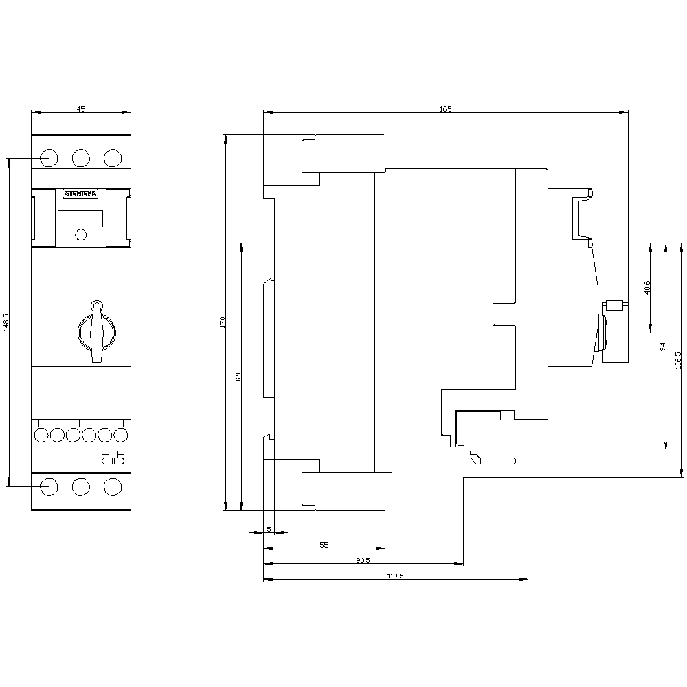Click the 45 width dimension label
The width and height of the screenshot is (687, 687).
click(x=81, y=109)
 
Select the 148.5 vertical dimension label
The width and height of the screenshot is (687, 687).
click(x=6, y=322)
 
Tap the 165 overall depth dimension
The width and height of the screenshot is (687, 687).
click(x=446, y=109)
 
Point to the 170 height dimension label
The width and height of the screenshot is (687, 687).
click(x=222, y=322)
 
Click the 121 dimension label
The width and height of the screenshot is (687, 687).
click(x=238, y=376)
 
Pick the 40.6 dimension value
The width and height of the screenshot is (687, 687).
click(x=648, y=287)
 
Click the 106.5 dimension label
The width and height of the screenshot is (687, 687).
click(x=678, y=361)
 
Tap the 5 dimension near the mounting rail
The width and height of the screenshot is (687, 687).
click(x=269, y=529)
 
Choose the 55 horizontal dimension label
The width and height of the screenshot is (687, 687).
click(x=324, y=545)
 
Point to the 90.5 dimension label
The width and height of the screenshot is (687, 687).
click(x=363, y=561)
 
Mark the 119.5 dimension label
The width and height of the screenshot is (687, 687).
click(x=395, y=576)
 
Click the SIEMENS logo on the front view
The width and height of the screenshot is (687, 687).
click(x=80, y=194)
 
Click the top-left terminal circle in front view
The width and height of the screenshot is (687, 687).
click(x=49, y=158)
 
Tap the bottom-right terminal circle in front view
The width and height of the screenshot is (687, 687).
click(x=113, y=487)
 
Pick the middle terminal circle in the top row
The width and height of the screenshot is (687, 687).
click(x=81, y=158)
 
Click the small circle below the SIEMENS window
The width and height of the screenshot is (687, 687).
click(x=81, y=235)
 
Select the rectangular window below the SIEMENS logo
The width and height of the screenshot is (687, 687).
click(x=80, y=218)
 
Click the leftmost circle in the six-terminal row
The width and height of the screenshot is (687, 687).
click(x=41, y=435)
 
